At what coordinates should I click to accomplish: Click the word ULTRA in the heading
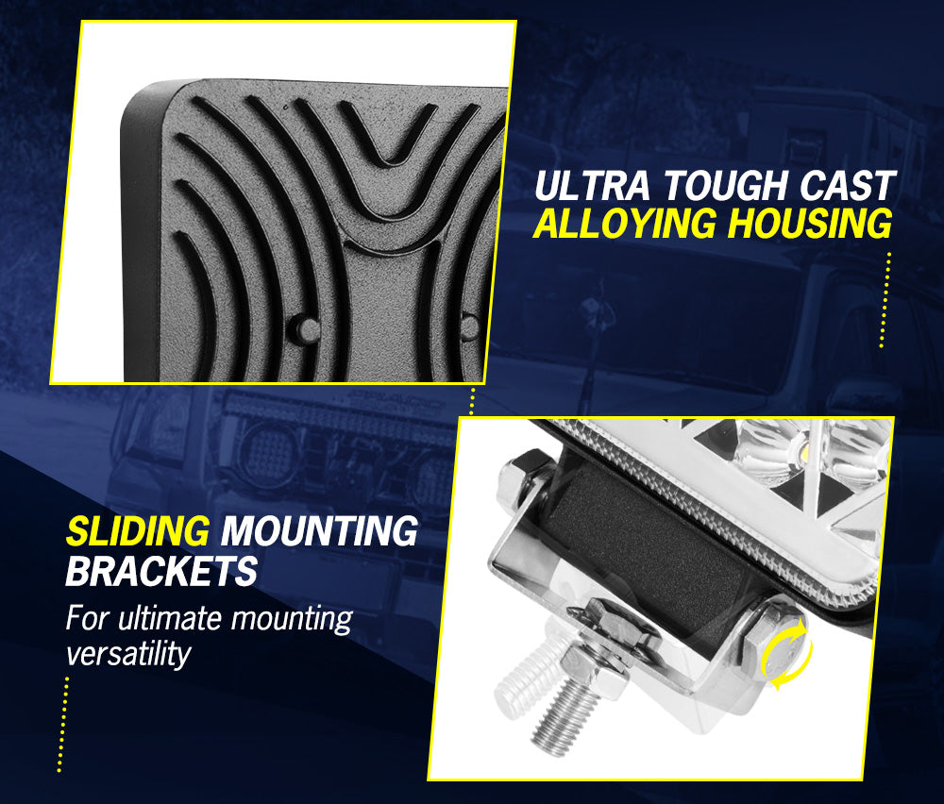[592, 185]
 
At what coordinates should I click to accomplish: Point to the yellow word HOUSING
[810, 224]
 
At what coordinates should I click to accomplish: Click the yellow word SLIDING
[138, 531]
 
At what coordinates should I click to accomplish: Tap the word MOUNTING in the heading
[319, 531]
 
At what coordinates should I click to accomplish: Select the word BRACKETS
[161, 571]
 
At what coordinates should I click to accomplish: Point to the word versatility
[128, 654]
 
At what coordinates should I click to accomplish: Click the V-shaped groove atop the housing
[389, 134]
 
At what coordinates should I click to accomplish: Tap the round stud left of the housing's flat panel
[305, 329]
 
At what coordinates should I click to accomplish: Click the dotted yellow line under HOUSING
[885, 300]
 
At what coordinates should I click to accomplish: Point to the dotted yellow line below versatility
[62, 725]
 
